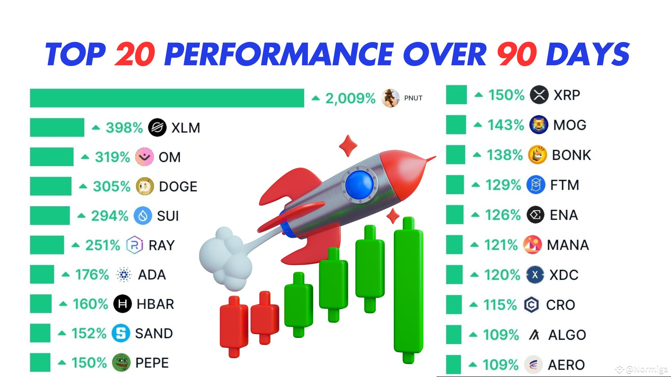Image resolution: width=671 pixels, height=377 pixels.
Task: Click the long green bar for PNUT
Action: (x=167, y=98)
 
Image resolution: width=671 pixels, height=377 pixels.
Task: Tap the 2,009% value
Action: (x=350, y=98)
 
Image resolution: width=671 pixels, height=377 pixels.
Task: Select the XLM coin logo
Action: (x=157, y=127)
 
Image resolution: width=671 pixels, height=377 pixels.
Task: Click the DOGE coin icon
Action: (x=145, y=186)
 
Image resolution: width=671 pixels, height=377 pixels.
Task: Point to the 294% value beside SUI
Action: (x=110, y=216)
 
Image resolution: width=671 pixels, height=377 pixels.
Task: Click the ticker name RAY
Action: (x=161, y=245)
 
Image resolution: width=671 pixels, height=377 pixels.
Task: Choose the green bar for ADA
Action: (x=42, y=274)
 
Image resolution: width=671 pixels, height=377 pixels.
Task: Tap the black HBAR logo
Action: (x=122, y=304)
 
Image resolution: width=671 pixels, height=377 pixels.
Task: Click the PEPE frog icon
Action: (x=121, y=363)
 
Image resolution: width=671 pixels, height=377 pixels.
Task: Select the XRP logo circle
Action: (x=539, y=95)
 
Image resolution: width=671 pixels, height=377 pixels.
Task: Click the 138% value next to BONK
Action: (x=505, y=155)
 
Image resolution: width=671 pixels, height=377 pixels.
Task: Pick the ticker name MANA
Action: (x=568, y=245)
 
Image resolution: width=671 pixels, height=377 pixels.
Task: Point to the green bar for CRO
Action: (x=454, y=305)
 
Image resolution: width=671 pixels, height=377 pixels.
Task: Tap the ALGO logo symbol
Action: (x=534, y=335)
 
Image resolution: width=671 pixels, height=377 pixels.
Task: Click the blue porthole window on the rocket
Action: (x=359, y=184)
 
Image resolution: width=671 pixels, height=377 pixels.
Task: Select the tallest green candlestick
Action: (x=408, y=290)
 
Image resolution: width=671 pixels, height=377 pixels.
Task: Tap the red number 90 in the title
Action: (x=517, y=54)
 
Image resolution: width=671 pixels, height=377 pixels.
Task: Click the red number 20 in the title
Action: (x=135, y=54)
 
